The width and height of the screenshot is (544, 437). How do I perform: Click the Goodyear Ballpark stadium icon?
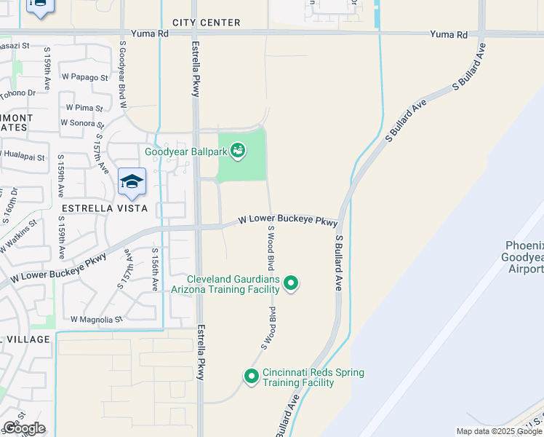[238, 151]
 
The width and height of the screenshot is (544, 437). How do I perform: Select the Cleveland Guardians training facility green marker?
[291, 283]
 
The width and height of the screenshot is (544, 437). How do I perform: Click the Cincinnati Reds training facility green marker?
[252, 377]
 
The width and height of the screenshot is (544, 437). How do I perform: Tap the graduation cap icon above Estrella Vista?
[132, 182]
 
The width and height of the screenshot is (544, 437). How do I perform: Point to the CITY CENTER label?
[207, 23]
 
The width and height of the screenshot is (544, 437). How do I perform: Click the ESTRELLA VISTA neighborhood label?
[105, 208]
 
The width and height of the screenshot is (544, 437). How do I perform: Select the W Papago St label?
[85, 76]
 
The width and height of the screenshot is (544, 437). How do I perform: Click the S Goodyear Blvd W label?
[123, 75]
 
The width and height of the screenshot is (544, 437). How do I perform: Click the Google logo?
[24, 428]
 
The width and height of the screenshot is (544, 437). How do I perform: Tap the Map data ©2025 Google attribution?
[499, 431]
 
